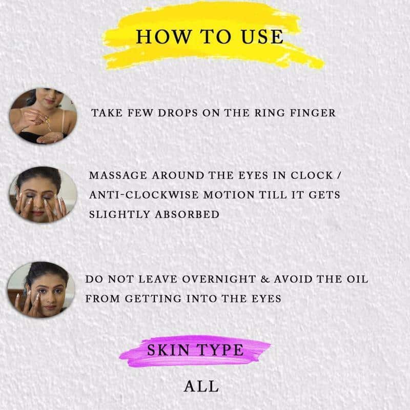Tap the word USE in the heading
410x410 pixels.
(262, 36)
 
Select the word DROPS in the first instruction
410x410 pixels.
(178, 113)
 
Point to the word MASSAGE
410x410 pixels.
(118, 175)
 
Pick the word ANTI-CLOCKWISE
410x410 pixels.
(143, 195)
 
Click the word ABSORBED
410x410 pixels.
(187, 215)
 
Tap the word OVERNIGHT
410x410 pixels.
(219, 279)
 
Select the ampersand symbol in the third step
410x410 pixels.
(265, 279)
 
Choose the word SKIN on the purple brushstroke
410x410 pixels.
(168, 350)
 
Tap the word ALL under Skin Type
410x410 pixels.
(201, 386)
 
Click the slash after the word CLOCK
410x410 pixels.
(339, 175)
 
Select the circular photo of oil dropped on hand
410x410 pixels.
(43, 116)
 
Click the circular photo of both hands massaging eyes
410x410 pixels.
(43, 195)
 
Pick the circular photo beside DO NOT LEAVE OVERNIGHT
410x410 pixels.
(41, 290)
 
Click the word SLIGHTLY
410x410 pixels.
(119, 215)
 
